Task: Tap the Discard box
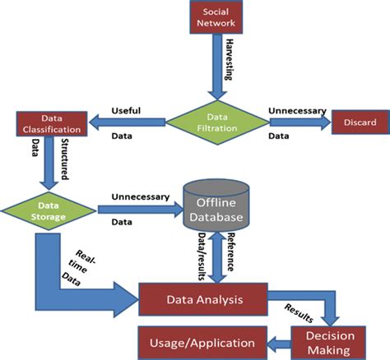(x=356, y=123)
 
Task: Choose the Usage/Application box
(x=201, y=340)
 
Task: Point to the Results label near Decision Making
(x=297, y=312)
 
